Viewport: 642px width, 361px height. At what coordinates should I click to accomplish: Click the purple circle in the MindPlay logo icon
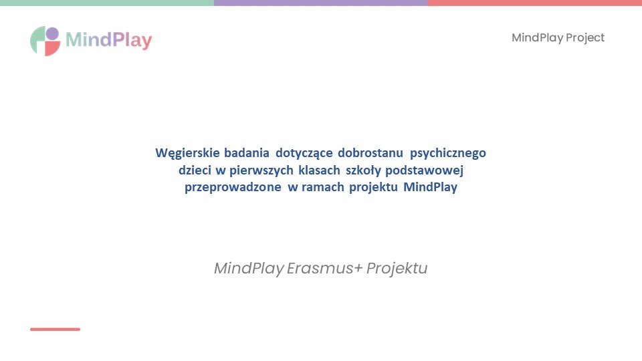52,33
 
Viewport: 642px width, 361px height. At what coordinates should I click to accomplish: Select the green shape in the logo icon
37,40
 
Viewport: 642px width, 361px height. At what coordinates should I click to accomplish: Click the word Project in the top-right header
585,38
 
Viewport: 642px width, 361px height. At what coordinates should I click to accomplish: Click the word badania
247,152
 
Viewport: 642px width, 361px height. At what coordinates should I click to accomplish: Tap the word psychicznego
448,154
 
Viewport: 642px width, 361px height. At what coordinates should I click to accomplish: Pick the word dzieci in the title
195,170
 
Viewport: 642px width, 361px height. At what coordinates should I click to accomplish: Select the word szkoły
363,170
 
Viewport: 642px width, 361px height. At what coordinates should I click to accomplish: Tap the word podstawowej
424,170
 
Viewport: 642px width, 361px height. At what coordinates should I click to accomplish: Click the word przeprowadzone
233,187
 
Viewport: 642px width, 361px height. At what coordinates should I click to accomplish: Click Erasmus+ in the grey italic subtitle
325,268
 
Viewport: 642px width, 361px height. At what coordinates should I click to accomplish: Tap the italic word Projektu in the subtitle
397,269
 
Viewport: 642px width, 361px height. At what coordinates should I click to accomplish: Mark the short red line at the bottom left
55,329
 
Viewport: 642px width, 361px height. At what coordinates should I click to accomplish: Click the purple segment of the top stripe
321,3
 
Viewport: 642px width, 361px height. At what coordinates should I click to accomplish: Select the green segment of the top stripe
107,3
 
